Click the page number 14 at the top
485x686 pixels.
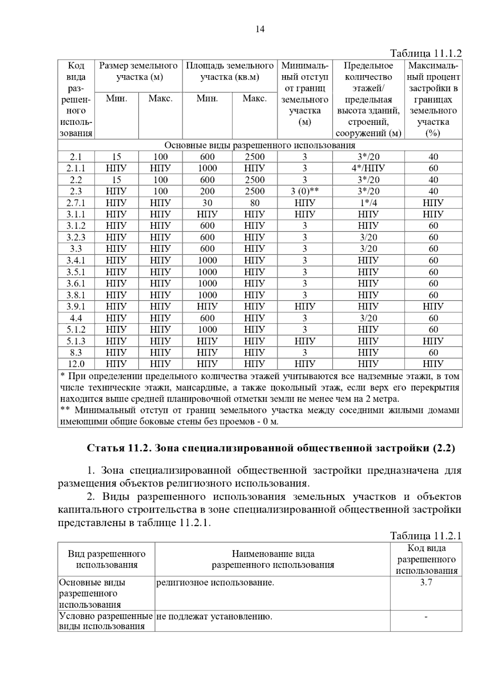click(260, 29)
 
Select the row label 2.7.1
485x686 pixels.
click(76, 203)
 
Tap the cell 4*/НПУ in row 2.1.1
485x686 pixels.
click(368, 168)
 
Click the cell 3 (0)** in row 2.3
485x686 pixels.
click(305, 191)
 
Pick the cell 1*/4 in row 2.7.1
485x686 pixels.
click(368, 203)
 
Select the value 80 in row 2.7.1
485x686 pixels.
click(255, 203)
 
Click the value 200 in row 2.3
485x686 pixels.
click(207, 191)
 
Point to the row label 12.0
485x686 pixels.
click(76, 364)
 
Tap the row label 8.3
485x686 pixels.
click(76, 352)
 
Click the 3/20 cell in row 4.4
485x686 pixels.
click(368, 318)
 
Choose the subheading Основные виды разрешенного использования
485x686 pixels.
click(260, 145)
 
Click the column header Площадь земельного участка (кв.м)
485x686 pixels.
click(230, 71)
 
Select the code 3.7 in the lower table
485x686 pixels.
click(426, 583)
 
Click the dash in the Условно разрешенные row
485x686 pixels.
click(426, 617)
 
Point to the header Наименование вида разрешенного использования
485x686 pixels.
click(273, 560)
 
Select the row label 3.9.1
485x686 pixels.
click(76, 306)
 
